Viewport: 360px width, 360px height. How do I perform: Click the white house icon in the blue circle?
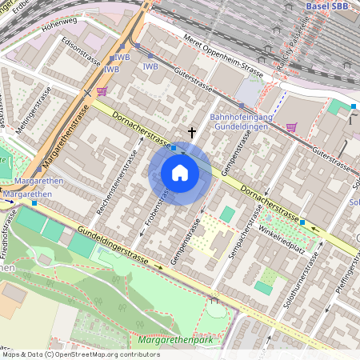click(180, 173)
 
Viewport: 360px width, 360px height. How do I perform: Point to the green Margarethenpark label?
click(176, 341)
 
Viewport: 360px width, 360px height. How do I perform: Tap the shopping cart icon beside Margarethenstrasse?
click(102, 92)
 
